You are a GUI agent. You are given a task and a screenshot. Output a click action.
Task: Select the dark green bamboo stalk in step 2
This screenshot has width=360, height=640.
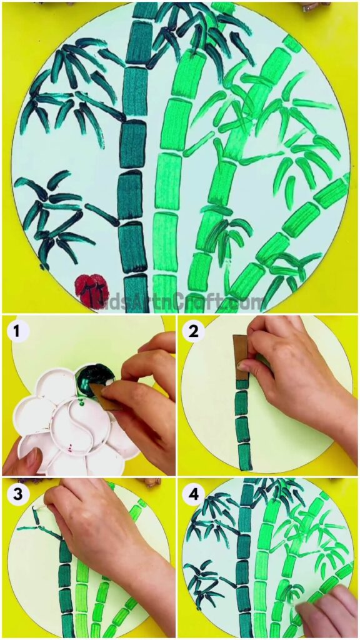[242, 425]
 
